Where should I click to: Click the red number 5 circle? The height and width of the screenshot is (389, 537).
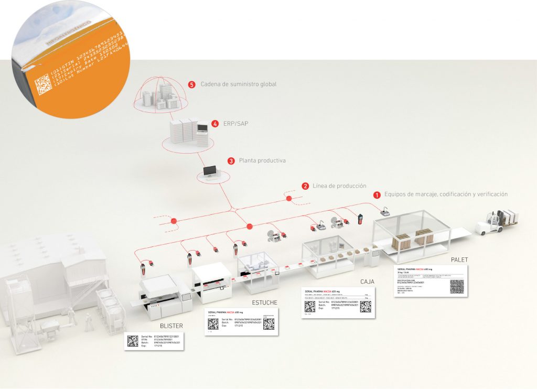tap(192, 84)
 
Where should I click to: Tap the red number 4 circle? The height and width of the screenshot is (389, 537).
tap(215, 124)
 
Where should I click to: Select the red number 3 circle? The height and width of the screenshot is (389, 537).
tap(231, 161)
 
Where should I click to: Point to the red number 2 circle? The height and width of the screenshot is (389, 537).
tap(305, 186)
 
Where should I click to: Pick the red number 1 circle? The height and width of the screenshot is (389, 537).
tap(377, 194)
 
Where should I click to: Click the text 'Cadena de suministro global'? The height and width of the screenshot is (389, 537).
tap(238, 84)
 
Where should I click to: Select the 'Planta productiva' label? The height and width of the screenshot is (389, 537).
tap(262, 161)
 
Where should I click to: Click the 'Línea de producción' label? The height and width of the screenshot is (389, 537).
tap(339, 186)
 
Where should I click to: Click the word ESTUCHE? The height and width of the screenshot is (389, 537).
tap(265, 302)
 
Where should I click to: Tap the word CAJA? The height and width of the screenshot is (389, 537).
tap(367, 282)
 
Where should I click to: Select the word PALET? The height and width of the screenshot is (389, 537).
tap(460, 260)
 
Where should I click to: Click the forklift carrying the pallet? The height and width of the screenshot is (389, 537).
tap(496, 221)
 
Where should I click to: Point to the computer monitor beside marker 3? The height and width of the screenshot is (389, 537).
tap(210, 171)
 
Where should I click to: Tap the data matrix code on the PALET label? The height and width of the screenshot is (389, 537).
tap(457, 286)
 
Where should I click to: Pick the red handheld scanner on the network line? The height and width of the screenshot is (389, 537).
tap(361, 219)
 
